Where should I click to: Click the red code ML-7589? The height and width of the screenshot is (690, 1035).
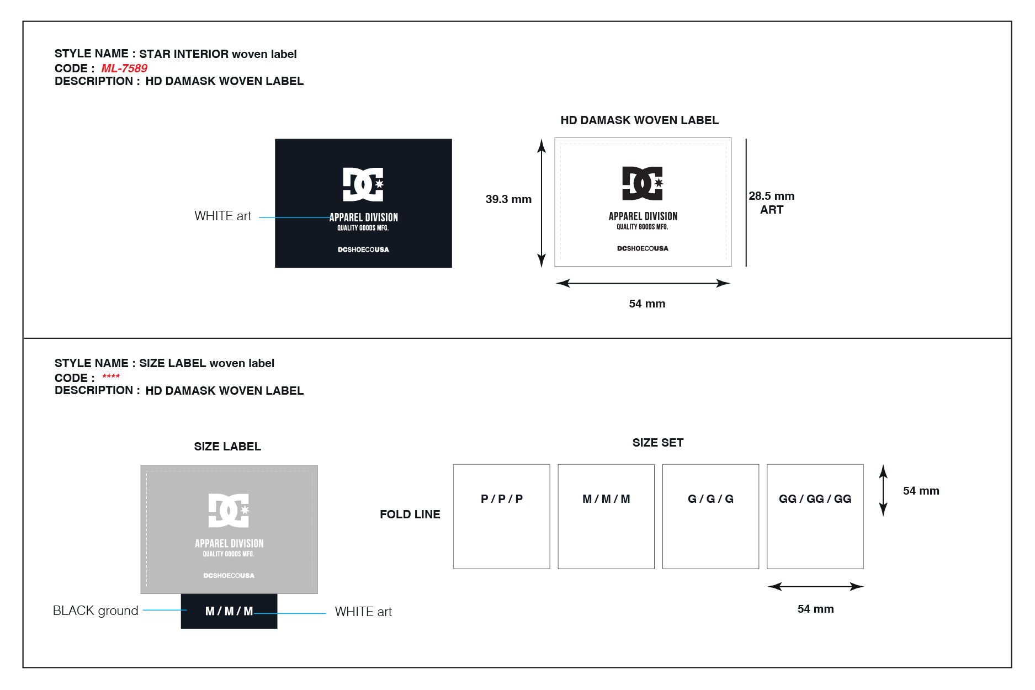click(x=124, y=68)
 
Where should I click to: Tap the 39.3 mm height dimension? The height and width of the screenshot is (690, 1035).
click(x=508, y=199)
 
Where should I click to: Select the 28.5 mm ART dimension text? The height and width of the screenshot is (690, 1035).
click(x=771, y=203)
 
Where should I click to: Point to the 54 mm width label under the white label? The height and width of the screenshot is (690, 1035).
click(x=647, y=304)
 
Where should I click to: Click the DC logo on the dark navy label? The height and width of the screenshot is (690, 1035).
click(x=363, y=184)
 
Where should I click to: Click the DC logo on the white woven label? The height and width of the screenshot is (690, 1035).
click(x=643, y=183)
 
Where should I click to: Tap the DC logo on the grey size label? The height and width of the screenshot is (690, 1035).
click(x=229, y=510)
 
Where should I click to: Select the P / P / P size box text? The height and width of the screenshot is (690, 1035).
click(x=502, y=499)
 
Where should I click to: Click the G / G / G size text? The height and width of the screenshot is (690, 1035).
click(x=710, y=499)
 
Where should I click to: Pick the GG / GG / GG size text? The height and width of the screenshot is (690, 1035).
click(x=815, y=499)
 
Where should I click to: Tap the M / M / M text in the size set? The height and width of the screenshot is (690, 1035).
click(x=606, y=499)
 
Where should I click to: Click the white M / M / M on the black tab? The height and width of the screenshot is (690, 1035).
click(x=229, y=611)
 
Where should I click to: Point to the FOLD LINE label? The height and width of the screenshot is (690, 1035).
click(x=410, y=514)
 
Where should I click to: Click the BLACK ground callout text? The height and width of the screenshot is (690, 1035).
click(x=95, y=611)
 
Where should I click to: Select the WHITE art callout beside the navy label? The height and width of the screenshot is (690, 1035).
click(x=223, y=216)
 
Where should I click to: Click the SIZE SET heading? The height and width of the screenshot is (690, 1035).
click(x=658, y=443)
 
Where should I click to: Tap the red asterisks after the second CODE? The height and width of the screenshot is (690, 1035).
click(x=111, y=376)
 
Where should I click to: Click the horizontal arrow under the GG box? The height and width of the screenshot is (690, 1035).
click(x=815, y=586)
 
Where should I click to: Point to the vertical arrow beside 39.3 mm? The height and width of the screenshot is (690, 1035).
click(x=542, y=203)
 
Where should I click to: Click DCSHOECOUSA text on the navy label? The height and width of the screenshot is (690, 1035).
click(x=363, y=250)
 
